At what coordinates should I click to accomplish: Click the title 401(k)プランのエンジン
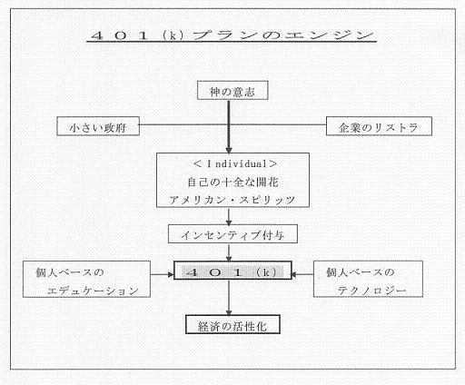(232, 35)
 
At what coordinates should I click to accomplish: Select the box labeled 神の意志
(232, 90)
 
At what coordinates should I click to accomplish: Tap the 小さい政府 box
(98, 126)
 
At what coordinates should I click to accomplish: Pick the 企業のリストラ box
(379, 126)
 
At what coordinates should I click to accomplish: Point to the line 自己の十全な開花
(232, 182)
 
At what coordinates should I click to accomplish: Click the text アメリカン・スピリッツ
(232, 200)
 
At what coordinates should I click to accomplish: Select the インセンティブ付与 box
(232, 233)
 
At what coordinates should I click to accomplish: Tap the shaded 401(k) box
(232, 270)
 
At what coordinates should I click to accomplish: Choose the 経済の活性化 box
(232, 324)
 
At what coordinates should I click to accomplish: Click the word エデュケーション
(93, 291)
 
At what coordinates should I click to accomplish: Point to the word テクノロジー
(371, 291)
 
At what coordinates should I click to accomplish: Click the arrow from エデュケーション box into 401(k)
(163, 274)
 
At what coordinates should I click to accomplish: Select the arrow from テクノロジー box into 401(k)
(302, 274)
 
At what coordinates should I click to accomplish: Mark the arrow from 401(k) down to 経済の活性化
(229, 297)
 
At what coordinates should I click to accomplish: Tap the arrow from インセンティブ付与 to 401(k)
(229, 252)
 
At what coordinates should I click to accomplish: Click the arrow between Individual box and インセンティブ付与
(229, 216)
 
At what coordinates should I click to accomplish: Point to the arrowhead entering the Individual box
(229, 150)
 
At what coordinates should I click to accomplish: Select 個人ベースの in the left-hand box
(70, 272)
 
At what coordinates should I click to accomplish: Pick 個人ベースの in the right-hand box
(361, 272)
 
